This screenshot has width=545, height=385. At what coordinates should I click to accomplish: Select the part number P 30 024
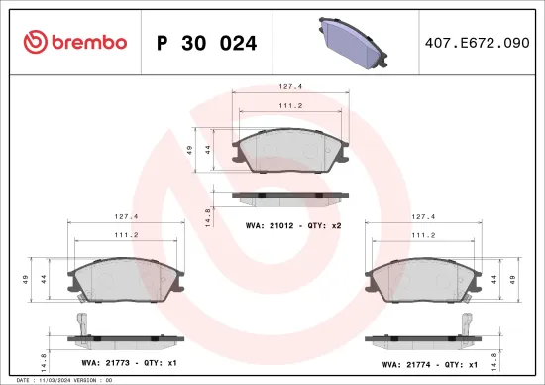pos(206,43)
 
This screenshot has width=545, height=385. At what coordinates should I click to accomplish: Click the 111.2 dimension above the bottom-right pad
pos(424,234)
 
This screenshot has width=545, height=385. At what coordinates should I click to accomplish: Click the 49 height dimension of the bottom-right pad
pos(510,279)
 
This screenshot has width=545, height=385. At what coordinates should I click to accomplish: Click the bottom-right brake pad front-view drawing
pos(424,281)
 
